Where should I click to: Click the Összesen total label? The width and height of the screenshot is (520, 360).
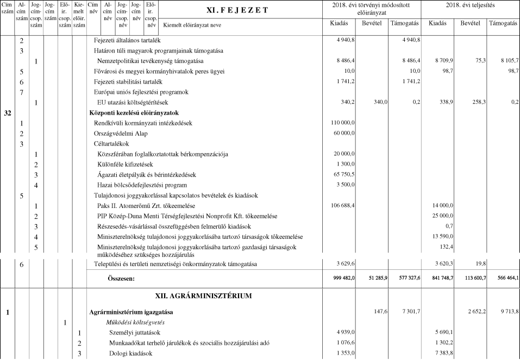120,278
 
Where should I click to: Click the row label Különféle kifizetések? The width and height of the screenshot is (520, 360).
124,165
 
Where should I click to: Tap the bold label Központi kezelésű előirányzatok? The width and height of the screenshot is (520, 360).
134,113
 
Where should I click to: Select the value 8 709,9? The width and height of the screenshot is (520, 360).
442,61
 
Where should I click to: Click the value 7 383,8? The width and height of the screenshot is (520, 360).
442,353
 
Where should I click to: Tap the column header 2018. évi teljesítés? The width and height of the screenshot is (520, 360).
471,5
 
